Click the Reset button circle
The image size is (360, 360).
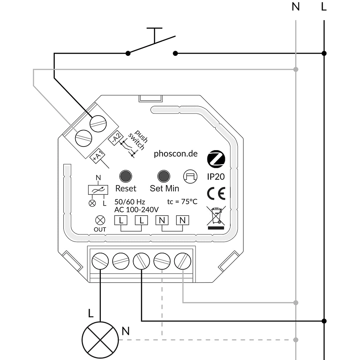point(126,176)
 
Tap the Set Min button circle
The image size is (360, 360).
point(164,176)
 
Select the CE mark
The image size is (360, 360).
point(216,194)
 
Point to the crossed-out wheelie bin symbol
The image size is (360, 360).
point(216,217)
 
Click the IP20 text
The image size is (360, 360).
point(216,177)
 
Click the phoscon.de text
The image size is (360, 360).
point(176,154)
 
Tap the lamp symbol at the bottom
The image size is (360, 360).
point(100,340)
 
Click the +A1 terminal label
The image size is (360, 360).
point(97,156)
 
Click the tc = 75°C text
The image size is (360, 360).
point(183,202)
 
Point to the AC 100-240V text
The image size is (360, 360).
point(136,210)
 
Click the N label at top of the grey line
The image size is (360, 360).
point(296,7)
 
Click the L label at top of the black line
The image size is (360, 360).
point(324,7)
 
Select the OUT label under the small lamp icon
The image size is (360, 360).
point(100,229)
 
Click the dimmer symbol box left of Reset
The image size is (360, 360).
point(98,190)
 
